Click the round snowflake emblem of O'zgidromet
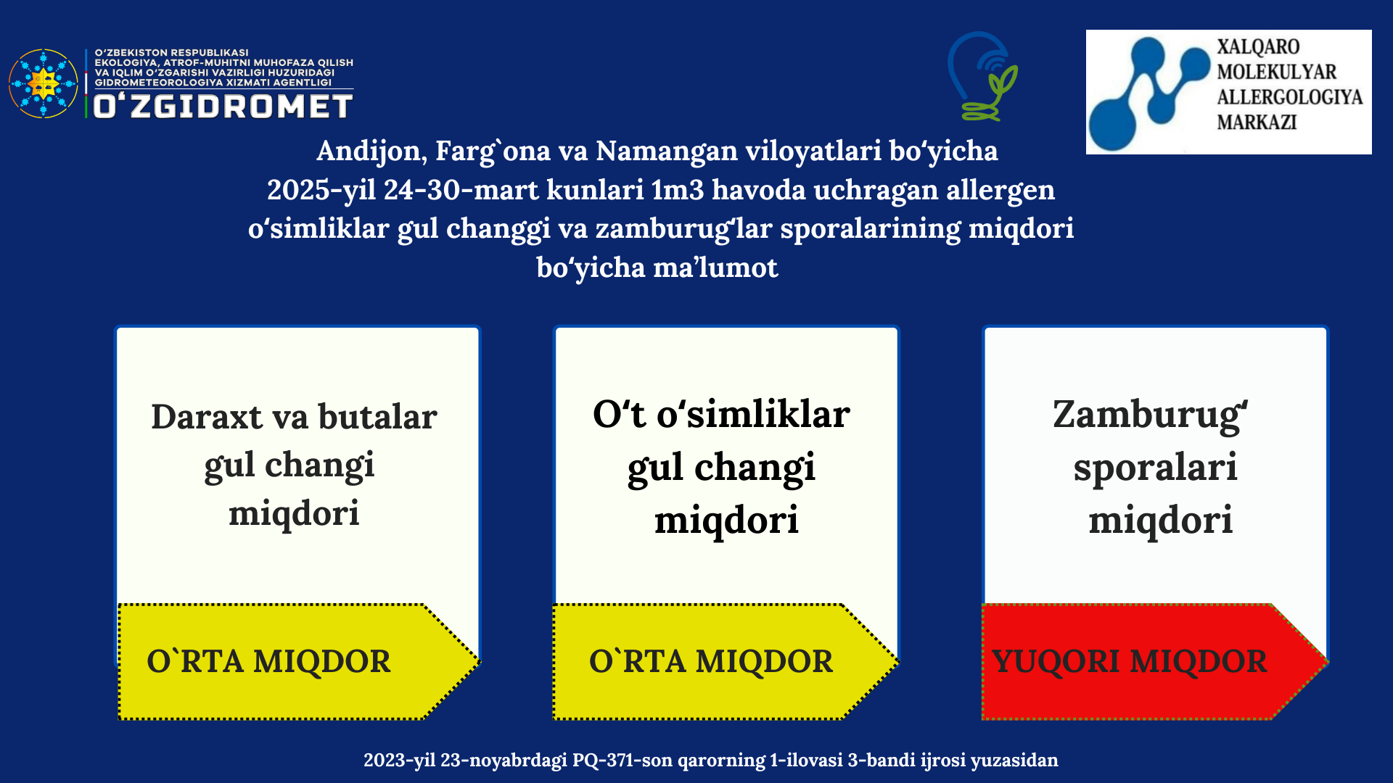(x=44, y=83)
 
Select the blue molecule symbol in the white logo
(x=1149, y=93)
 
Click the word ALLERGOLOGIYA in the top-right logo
(x=1289, y=96)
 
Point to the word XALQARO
(x=1258, y=46)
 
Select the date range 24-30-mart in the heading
(x=461, y=190)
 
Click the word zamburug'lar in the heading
(x=683, y=229)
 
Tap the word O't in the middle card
(x=619, y=414)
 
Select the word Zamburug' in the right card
(x=1150, y=415)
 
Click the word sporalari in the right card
(x=1155, y=468)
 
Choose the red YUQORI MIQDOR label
(x=1130, y=661)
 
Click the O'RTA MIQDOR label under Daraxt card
(x=268, y=661)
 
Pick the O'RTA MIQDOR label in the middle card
(x=711, y=661)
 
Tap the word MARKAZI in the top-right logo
(x=1257, y=122)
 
